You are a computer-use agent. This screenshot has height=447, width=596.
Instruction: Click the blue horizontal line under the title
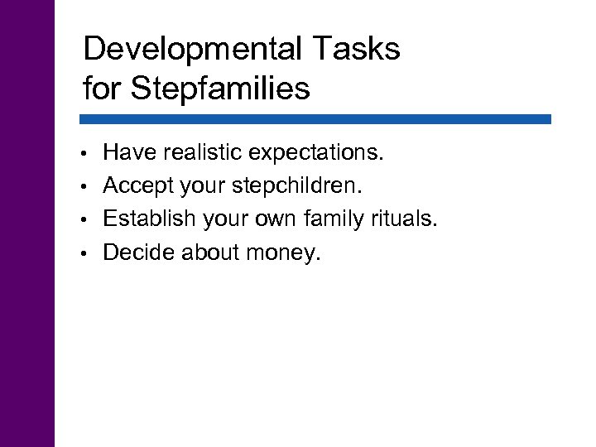pos(316,119)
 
